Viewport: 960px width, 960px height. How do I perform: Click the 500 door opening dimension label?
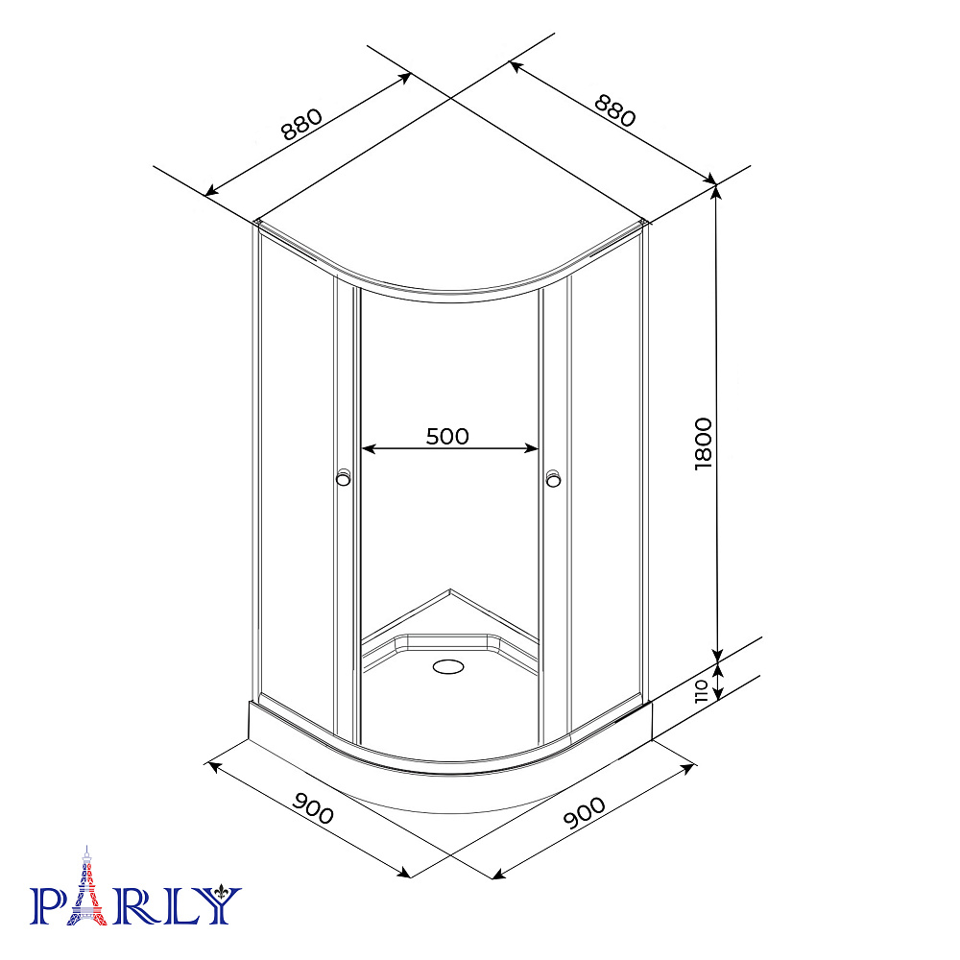(x=447, y=436)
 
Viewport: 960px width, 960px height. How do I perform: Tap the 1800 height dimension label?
(x=704, y=444)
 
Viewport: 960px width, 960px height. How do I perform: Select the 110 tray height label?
(x=703, y=691)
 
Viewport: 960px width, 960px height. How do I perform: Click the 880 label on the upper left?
(x=301, y=124)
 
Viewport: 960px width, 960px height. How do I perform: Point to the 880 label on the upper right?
(x=615, y=110)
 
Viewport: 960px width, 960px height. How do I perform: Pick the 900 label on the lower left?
(x=313, y=808)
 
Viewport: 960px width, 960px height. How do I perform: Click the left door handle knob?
(x=344, y=477)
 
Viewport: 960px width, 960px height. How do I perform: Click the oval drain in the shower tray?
(x=448, y=666)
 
